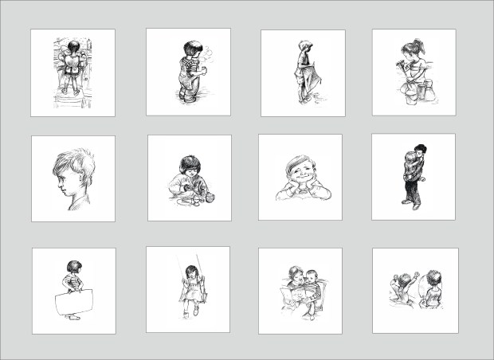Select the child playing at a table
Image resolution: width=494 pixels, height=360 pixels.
click(188, 179)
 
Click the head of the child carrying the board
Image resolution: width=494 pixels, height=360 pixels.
click(73, 267)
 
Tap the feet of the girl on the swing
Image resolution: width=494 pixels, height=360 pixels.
click(190, 312)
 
